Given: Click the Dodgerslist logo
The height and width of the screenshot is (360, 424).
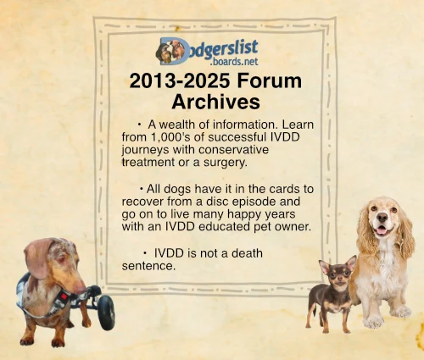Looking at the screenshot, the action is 207,52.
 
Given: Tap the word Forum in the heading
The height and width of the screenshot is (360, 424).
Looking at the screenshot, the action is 270,80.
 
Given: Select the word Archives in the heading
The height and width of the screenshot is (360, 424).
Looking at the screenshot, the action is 215,102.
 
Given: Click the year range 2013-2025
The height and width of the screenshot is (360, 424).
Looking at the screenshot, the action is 180,80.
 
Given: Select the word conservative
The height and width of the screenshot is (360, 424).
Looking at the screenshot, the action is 233,150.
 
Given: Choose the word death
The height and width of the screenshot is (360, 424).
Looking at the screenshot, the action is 247,253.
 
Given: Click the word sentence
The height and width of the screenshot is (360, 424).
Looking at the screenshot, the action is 148,266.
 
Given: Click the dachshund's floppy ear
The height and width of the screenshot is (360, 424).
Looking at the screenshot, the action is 38,258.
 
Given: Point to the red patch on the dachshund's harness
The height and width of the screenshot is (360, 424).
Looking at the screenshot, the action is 64,296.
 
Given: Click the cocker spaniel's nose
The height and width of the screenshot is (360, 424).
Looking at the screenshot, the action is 382,217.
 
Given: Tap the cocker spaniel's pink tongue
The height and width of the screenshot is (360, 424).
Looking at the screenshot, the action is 382,231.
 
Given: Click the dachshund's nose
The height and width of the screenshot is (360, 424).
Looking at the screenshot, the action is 81,289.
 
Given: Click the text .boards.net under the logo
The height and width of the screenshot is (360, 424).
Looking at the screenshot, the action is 234,61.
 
